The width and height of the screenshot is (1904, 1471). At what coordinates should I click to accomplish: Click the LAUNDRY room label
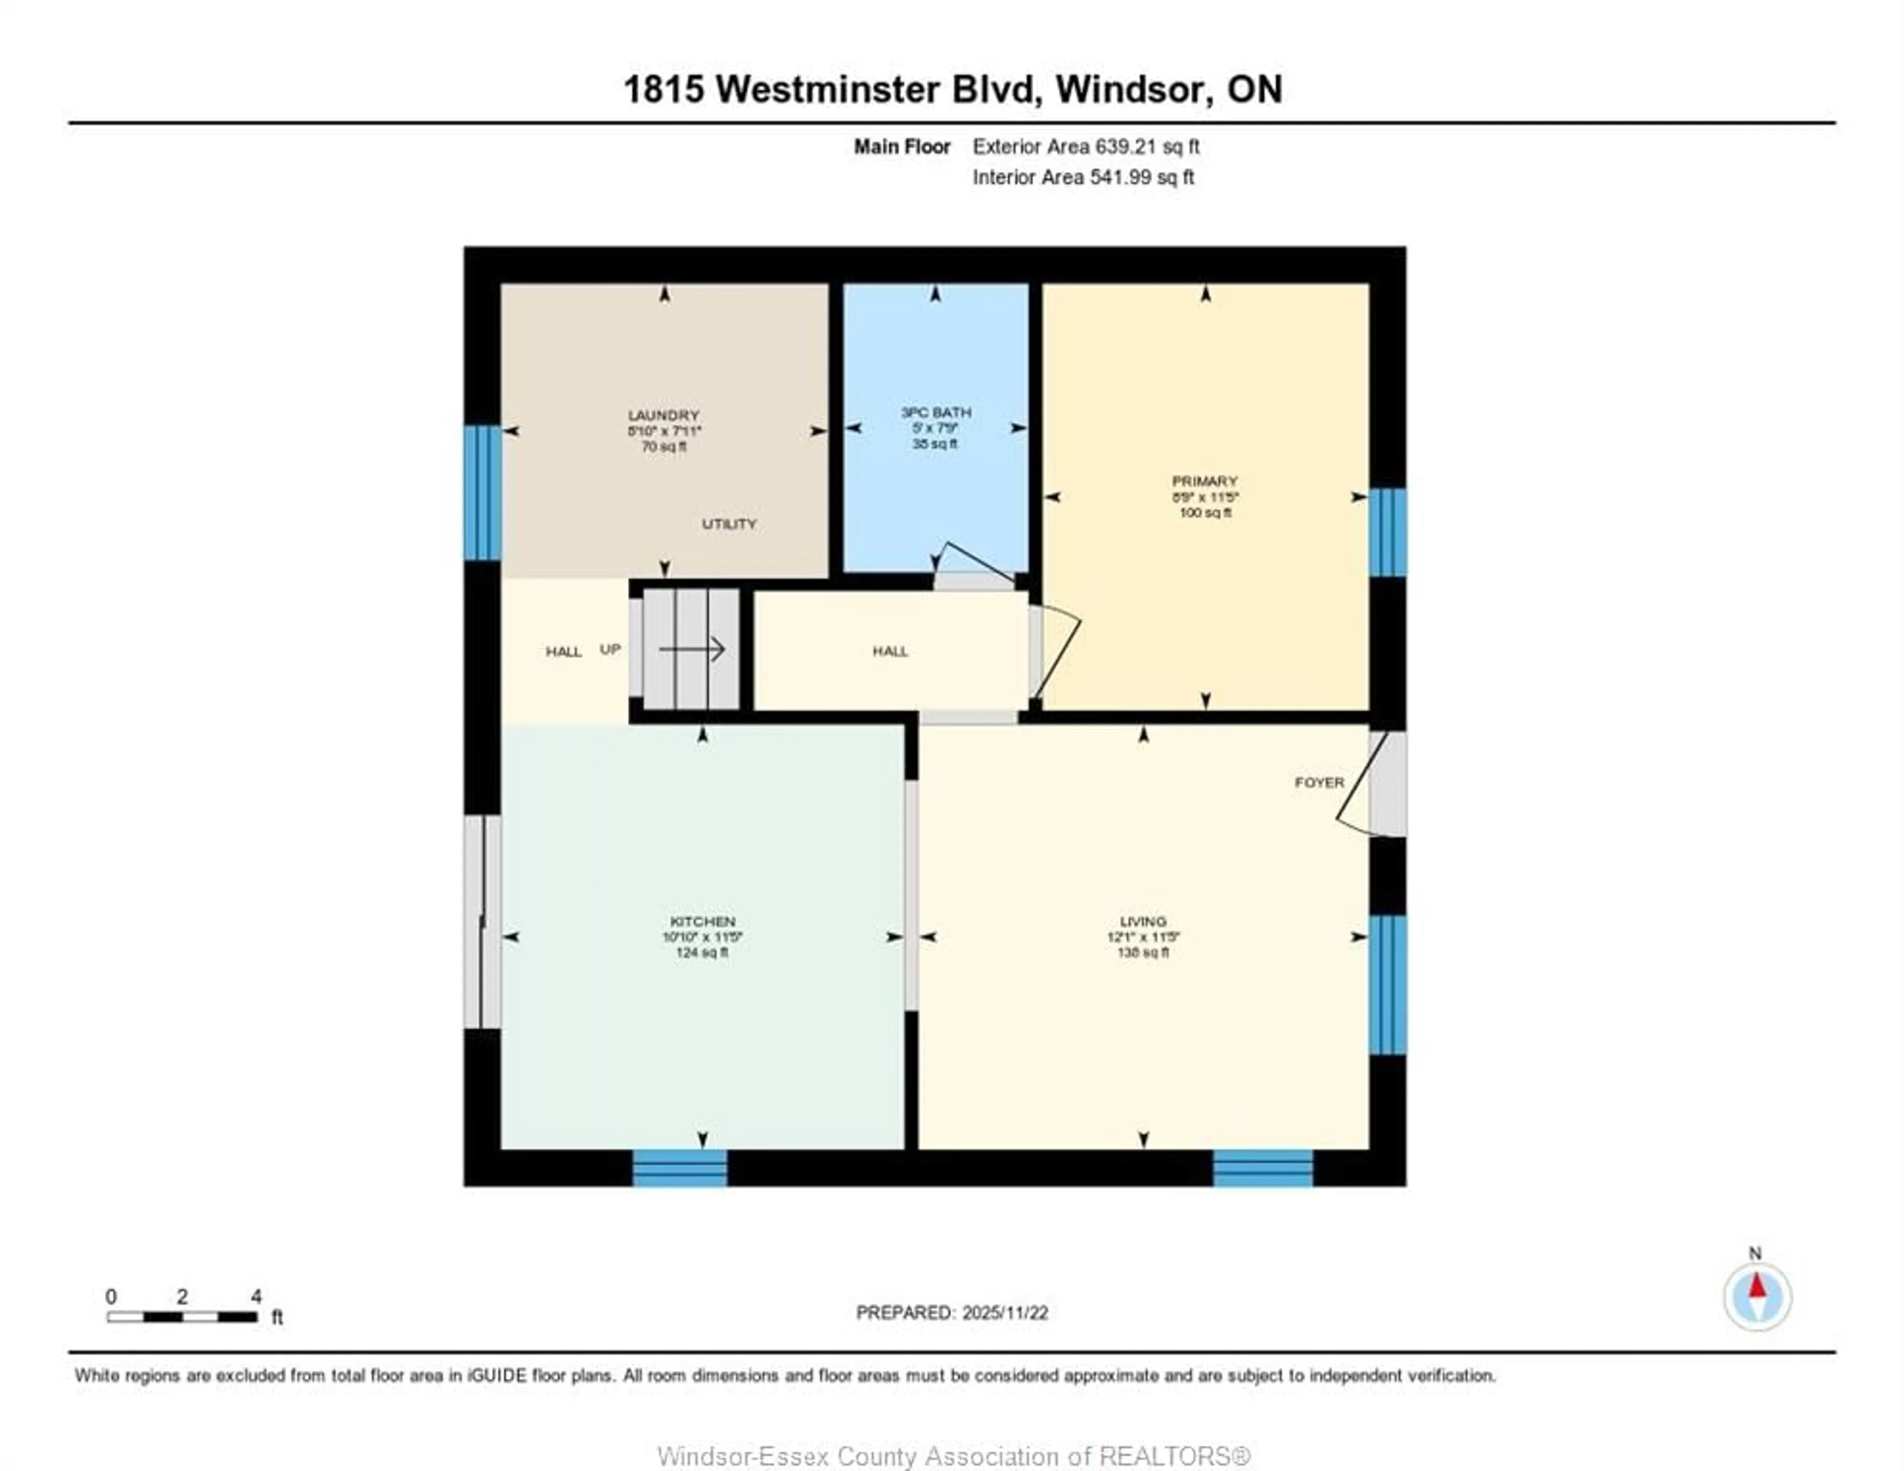click(663, 415)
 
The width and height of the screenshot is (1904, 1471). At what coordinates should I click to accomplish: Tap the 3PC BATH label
click(936, 412)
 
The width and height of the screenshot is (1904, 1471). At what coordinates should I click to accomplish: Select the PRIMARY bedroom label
click(1205, 480)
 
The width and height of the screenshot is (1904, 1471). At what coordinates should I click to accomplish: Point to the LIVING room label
click(1143, 921)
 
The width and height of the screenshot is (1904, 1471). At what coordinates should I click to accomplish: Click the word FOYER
click(1319, 782)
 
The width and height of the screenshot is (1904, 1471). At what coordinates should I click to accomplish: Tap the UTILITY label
click(729, 523)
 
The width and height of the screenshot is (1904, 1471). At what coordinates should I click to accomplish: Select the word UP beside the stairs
click(610, 649)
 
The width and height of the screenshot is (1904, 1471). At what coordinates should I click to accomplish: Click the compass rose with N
click(1757, 1296)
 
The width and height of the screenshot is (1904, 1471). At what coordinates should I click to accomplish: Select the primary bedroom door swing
click(1057, 649)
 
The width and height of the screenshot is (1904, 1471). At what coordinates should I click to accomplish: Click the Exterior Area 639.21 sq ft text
click(1085, 146)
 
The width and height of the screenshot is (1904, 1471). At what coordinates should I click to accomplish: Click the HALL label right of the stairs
click(890, 650)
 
